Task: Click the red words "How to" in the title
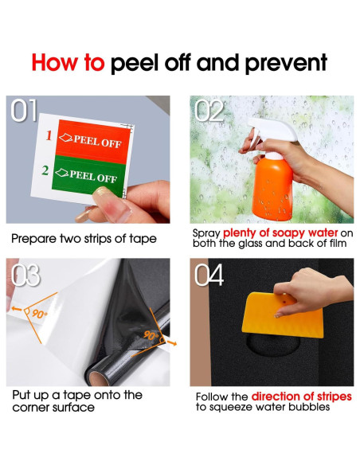click(x=68, y=63)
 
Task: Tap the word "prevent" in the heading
click(x=286, y=64)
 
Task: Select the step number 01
click(x=25, y=111)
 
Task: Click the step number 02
click(x=209, y=111)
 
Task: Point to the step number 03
click(x=25, y=275)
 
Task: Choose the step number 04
click(x=209, y=275)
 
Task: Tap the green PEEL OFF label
click(x=88, y=176)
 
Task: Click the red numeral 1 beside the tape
click(x=49, y=135)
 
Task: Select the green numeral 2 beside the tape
click(x=45, y=170)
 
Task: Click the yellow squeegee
click(x=283, y=315)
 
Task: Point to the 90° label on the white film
click(x=40, y=314)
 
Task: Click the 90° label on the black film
click(x=151, y=335)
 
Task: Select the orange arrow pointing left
click(x=17, y=309)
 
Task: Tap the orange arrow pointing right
click(x=172, y=343)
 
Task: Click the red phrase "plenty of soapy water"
click(x=280, y=233)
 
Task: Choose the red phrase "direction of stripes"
click(x=302, y=397)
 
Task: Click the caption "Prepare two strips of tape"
click(x=84, y=239)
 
